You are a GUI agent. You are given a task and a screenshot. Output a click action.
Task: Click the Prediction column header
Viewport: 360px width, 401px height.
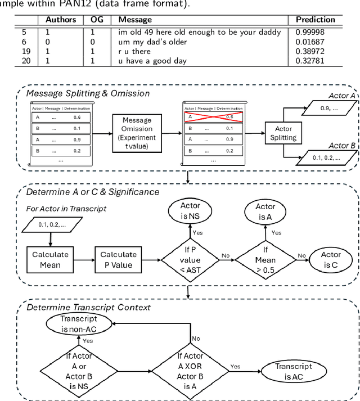(x=315, y=20)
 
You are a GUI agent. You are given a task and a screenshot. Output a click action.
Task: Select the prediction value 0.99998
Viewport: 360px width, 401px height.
(x=310, y=32)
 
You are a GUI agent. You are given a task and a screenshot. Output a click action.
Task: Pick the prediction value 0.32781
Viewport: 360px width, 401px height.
(x=310, y=61)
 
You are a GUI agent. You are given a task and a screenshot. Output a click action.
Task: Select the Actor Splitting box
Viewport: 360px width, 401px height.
(x=283, y=133)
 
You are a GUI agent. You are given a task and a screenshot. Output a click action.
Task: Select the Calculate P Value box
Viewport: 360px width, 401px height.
(x=119, y=259)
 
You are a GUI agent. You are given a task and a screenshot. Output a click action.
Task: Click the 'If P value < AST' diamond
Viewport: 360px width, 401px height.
(x=189, y=259)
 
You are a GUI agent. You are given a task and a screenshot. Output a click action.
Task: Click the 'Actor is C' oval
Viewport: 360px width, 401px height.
(x=331, y=259)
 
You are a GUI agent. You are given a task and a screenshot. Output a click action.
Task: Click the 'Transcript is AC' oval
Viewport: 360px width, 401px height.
(x=294, y=371)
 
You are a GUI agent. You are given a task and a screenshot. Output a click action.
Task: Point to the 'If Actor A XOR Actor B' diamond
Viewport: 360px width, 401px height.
(x=190, y=371)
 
